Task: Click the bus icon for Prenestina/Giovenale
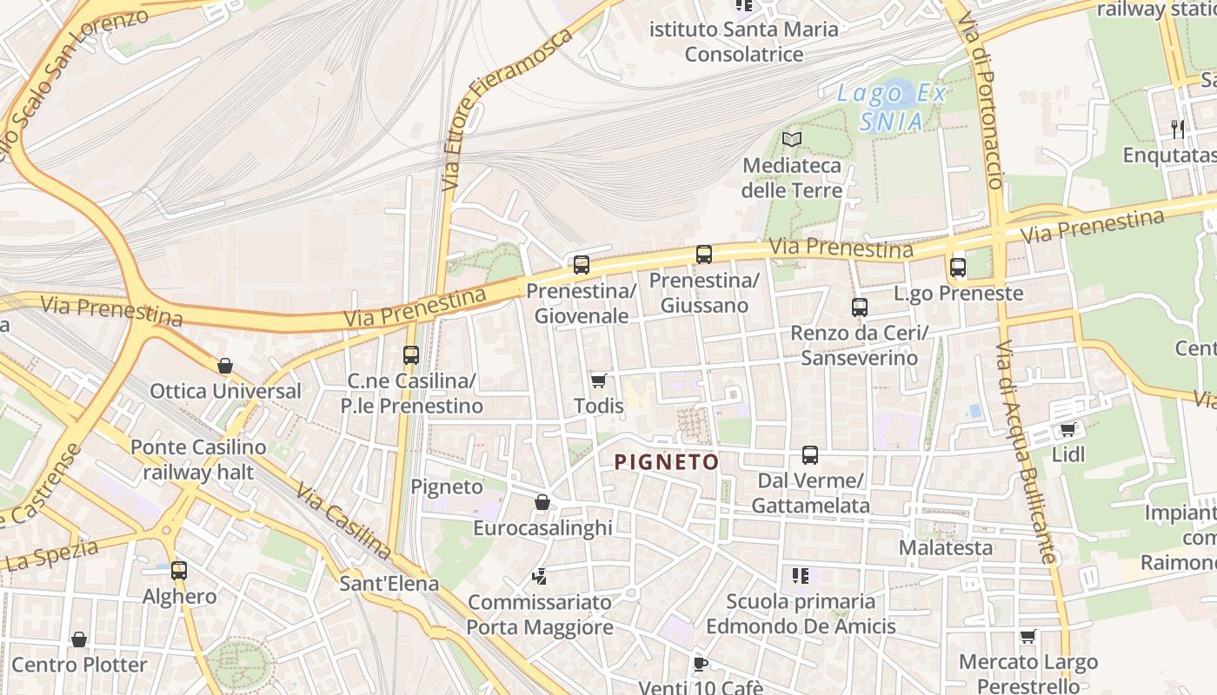582,265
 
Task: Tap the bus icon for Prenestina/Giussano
704,255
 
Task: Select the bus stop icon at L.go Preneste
958,268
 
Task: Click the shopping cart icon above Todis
598,381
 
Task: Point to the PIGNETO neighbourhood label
667,462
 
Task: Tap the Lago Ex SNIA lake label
891,108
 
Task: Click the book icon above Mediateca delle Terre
791,139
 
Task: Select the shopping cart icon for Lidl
1067,429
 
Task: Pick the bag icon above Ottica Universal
225,366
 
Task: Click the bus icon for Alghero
179,571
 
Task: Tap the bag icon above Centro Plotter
79,640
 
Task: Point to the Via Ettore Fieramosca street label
507,108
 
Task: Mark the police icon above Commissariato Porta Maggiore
540,576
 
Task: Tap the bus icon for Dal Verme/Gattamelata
810,455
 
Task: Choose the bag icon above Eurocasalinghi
542,502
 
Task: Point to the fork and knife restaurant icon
1178,129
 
